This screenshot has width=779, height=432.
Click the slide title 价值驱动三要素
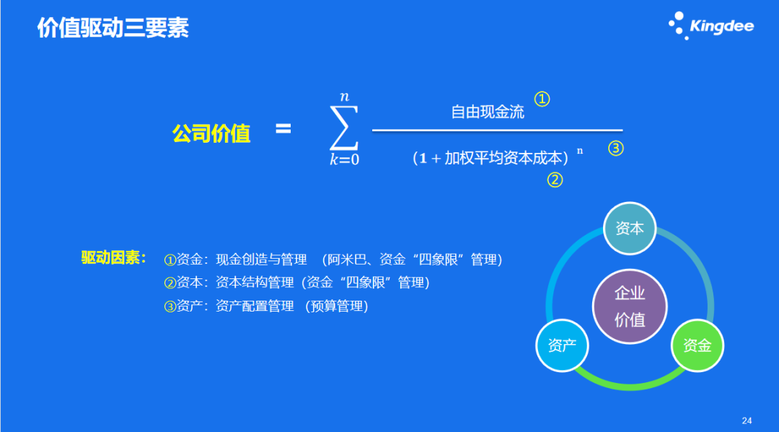tap(113, 28)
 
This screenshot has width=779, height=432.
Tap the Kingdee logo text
tap(721, 27)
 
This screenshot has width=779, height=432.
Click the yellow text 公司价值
tap(211, 133)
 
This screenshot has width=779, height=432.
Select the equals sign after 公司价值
tap(283, 130)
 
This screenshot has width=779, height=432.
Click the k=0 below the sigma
tap(344, 160)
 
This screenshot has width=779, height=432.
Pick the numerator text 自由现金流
tap(488, 112)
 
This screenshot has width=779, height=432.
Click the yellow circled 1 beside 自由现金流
tap(542, 99)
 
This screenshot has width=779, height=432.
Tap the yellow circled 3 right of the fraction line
tap(615, 149)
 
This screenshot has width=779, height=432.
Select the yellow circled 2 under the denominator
tap(554, 180)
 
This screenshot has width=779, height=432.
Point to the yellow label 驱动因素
tap(113, 258)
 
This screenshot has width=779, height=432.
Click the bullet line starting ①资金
tap(333, 260)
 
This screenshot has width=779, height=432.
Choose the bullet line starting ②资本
tap(296, 283)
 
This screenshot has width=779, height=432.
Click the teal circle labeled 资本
tap(629, 229)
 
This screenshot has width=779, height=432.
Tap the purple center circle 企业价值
tap(629, 306)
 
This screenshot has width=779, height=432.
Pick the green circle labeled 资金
tap(697, 345)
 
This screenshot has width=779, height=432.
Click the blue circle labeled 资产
tap(562, 345)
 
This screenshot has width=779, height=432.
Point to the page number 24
tap(747, 420)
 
